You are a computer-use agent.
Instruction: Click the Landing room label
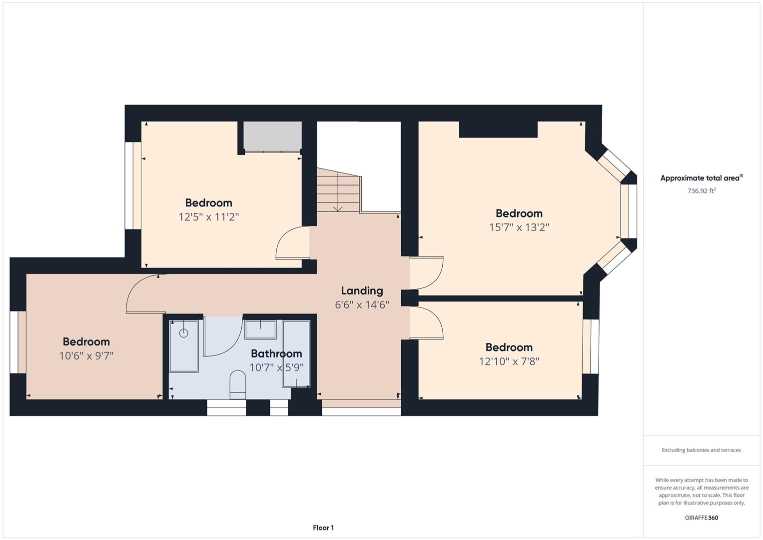pos(362,290)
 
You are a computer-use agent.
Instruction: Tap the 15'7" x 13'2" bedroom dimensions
pos(519,227)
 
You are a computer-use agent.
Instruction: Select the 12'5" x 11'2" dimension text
pos(209,217)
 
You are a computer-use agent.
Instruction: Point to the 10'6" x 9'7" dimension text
pos(86,356)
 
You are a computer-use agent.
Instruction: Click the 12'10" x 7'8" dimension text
pos(509,361)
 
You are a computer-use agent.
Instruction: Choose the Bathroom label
pos(276,353)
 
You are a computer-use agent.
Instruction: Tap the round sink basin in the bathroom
pos(183,333)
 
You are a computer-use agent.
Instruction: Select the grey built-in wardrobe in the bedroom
pos(272,135)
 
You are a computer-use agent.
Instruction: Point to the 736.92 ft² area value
pos(702,191)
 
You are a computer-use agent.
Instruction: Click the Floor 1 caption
pos(323,528)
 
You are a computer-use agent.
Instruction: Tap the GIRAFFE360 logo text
pos(701,518)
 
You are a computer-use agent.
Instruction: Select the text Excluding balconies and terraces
pos(701,450)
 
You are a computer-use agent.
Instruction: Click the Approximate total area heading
pos(701,178)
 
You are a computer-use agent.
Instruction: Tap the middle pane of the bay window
pos(629,210)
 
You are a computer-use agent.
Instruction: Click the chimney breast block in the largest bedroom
pos(498,129)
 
